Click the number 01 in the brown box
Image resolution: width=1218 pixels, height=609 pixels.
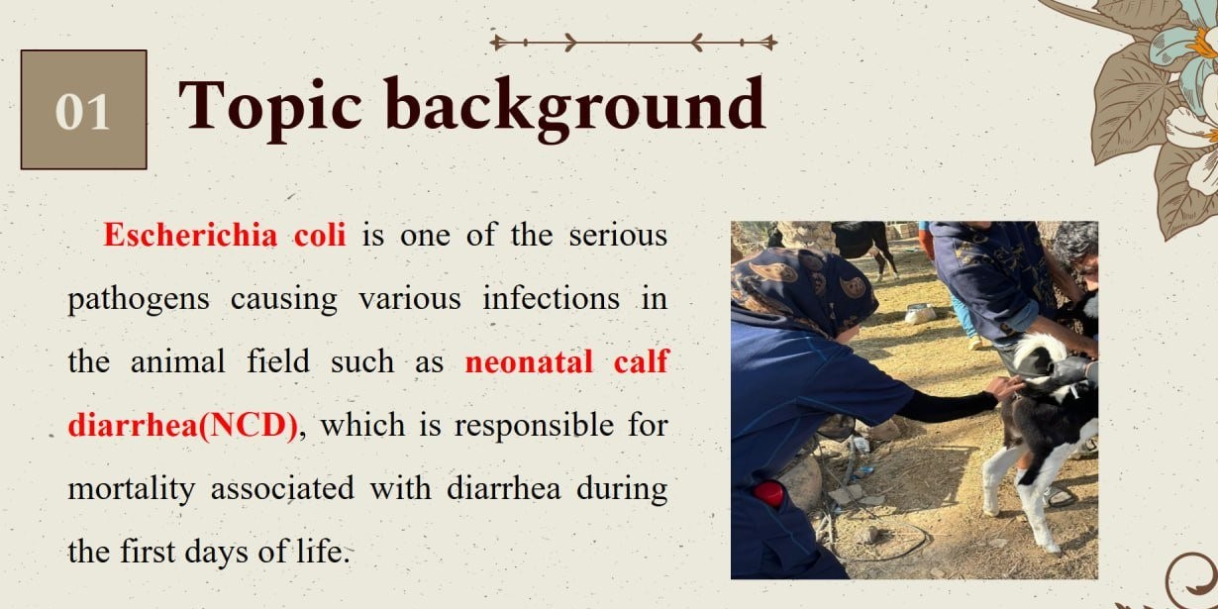[x=82, y=112]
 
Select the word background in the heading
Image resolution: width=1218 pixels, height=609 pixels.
[x=575, y=108]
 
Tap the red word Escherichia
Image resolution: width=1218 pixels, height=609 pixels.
[x=190, y=235]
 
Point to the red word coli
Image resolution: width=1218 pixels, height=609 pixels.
[x=320, y=235]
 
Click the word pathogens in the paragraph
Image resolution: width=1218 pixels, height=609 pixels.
[x=139, y=300]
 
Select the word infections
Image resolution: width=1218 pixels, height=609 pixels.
[x=552, y=298]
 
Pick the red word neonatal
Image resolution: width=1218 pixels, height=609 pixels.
[x=529, y=361]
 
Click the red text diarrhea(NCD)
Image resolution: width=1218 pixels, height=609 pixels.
[x=182, y=425]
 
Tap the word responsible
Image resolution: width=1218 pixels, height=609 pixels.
[x=535, y=426]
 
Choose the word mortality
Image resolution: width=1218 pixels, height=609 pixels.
[x=132, y=489]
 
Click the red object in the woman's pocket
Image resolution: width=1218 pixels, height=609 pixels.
[x=768, y=493]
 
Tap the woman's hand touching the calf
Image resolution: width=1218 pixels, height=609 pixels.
[x=1006, y=387]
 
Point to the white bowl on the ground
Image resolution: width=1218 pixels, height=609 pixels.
[x=920, y=314]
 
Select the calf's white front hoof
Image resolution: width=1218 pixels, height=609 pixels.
[x=991, y=511]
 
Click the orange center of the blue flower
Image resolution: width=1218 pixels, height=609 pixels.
[x=1206, y=45]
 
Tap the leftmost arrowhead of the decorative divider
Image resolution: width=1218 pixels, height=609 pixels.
[x=496, y=42]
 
